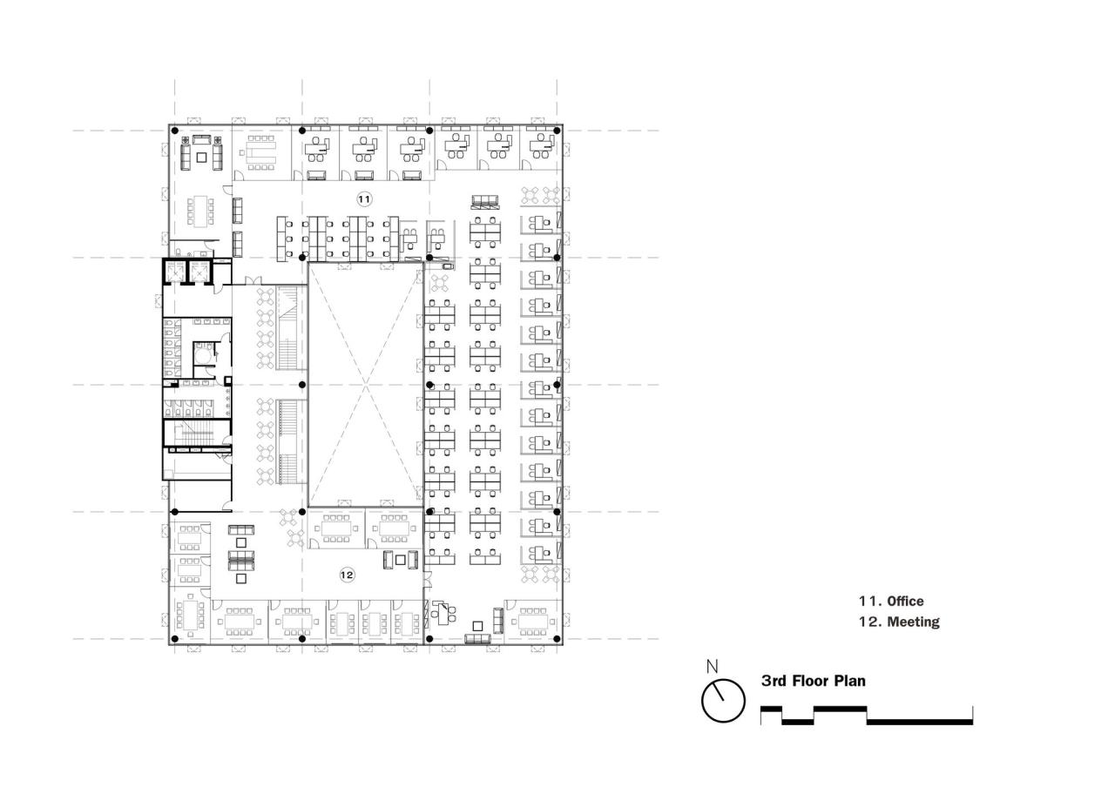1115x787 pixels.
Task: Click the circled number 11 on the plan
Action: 364,199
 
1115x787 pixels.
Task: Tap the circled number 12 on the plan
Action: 347,575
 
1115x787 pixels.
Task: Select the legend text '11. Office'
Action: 891,601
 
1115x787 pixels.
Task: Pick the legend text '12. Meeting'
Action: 899,622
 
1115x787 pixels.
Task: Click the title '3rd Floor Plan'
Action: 814,681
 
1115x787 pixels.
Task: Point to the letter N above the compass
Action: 712,667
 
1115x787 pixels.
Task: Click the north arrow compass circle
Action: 724,700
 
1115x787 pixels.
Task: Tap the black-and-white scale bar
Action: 867,716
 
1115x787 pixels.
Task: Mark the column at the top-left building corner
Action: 175,131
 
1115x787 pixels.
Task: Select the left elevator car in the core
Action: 175,272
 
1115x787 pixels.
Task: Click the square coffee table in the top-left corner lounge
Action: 201,157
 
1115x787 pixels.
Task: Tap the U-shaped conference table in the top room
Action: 261,154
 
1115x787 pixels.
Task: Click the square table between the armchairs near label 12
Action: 400,560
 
